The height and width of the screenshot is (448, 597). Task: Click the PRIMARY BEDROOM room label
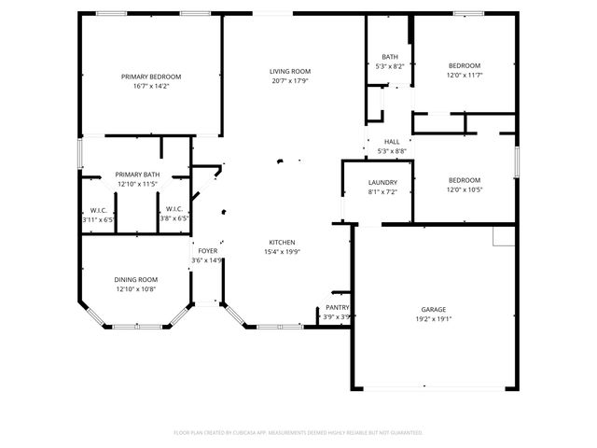click(151, 77)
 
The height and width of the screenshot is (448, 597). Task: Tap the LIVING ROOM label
click(290, 71)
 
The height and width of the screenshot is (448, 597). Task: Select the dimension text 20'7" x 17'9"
click(290, 81)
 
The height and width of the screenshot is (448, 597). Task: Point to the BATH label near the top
click(389, 57)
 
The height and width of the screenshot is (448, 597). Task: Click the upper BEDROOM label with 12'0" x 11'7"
click(464, 65)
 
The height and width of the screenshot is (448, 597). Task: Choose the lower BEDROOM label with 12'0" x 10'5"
click(464, 180)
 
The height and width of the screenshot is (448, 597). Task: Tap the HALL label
click(392, 142)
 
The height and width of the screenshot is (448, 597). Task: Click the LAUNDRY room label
click(383, 182)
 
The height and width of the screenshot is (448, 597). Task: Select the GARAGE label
click(433, 309)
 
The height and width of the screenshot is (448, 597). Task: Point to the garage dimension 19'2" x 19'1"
click(433, 318)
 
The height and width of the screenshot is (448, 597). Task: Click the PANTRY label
click(337, 307)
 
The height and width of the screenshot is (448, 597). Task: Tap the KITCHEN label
click(283, 242)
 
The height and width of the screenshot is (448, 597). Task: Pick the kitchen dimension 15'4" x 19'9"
click(283, 251)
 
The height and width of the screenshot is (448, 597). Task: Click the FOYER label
click(207, 251)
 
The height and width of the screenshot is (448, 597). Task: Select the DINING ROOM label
click(136, 279)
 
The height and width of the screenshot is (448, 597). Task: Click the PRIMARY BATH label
click(137, 175)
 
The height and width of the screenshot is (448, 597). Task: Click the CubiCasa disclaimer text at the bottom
click(298, 432)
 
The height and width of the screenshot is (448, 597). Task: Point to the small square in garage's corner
click(505, 238)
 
